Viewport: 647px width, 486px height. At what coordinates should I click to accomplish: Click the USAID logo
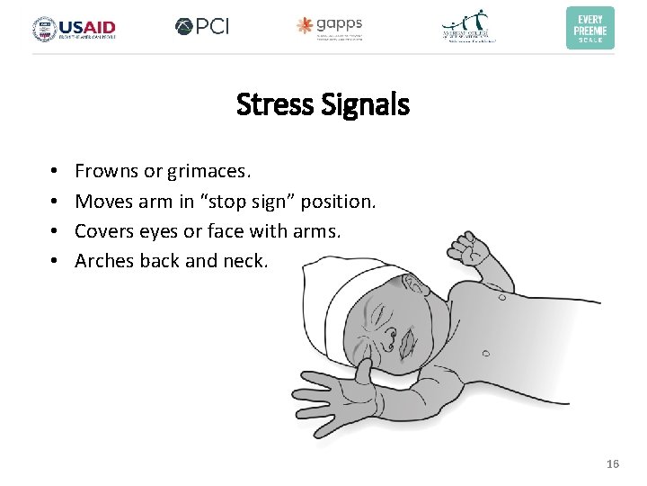pos(74,28)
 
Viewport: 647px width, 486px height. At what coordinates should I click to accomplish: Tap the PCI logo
pos(202,27)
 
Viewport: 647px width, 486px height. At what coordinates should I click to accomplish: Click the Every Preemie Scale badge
pos(589,27)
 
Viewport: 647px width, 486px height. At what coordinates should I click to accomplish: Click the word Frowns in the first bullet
pos(106,170)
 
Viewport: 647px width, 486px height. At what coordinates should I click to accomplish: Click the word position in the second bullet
pos(340,201)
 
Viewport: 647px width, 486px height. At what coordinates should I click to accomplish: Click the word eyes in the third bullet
pos(159,231)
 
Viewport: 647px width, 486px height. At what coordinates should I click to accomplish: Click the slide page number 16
pos(613,463)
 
